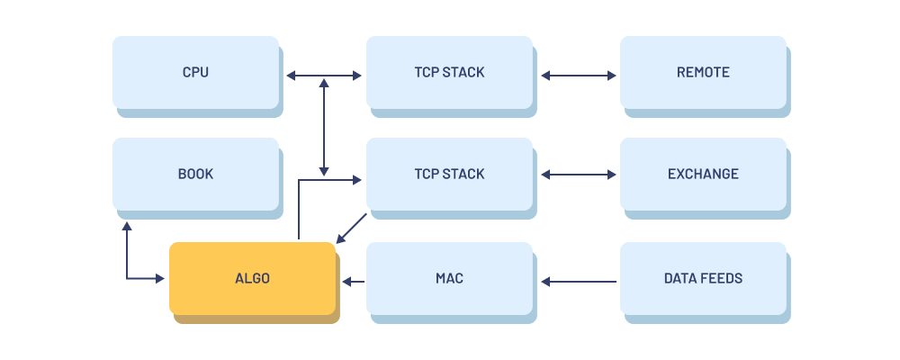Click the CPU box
[x=195, y=72]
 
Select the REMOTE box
[x=703, y=72]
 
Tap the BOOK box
[x=195, y=174]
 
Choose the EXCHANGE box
[x=703, y=174]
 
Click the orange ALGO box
[x=252, y=278]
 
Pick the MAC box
[x=449, y=278]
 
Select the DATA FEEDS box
[x=703, y=278]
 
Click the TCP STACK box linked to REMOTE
[x=449, y=72]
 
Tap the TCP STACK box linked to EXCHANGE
[x=449, y=174]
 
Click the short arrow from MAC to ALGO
[x=354, y=282]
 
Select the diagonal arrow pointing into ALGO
[x=352, y=228]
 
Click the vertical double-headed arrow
[x=324, y=126]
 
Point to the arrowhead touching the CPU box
[x=292, y=76]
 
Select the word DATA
[x=680, y=278]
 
